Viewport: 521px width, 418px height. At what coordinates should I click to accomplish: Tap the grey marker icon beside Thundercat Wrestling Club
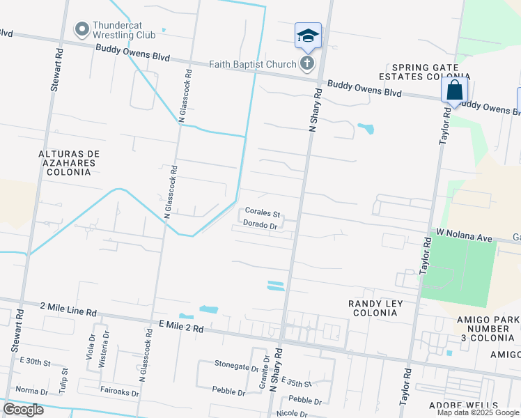point(82,29)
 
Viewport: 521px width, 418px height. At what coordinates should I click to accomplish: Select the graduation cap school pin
point(307,36)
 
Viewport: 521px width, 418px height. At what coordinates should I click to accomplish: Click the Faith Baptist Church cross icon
point(306,64)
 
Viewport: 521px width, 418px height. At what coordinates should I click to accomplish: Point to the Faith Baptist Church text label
point(253,65)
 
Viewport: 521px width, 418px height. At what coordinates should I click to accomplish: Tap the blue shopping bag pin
point(454,91)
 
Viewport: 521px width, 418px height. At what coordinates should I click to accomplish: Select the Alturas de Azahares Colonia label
point(68,162)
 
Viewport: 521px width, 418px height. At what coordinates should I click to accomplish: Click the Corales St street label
point(262,214)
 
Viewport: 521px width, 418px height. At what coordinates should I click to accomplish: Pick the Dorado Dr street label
point(261,225)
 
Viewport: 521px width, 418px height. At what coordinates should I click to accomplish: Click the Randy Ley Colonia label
point(373,308)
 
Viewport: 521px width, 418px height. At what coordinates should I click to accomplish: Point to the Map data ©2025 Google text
point(477,412)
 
